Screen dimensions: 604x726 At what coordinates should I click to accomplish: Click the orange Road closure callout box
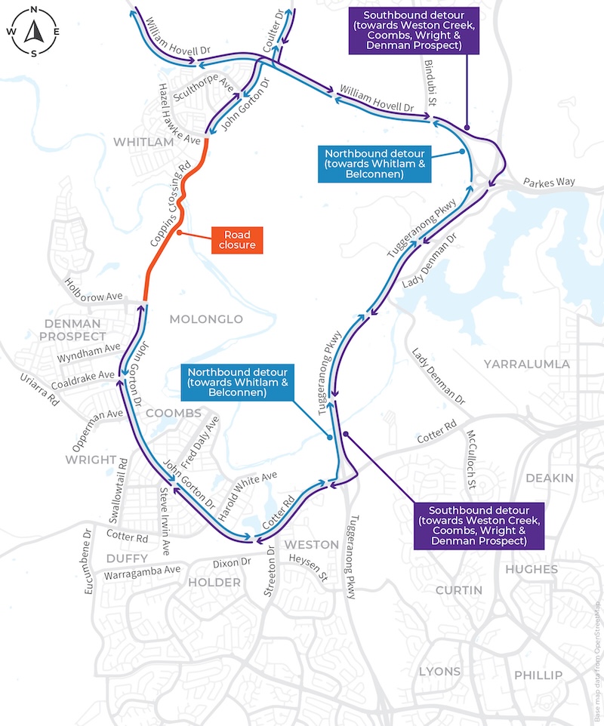point(237,240)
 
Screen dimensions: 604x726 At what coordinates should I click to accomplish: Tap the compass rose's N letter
point(34,9)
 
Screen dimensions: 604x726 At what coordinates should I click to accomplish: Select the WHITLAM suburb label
point(143,142)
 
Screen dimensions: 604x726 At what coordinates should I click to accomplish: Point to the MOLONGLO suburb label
point(206,319)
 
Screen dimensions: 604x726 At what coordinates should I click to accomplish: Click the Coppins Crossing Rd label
point(171,204)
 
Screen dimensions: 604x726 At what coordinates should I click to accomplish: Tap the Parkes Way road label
point(549,182)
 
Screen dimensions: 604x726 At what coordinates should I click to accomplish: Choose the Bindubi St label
point(430,83)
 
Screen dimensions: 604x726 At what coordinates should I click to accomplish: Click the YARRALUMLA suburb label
point(527,364)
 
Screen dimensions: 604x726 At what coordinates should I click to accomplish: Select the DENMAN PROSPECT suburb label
point(72,330)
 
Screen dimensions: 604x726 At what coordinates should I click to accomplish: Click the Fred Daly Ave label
point(199,442)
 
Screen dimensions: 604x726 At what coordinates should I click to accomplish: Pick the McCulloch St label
point(470,460)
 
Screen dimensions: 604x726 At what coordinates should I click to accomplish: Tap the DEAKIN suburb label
point(550,478)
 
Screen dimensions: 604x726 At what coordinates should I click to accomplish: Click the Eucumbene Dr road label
point(88,561)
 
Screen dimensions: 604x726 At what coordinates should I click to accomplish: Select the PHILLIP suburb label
point(538,675)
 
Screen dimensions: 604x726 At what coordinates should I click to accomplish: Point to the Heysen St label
point(309,568)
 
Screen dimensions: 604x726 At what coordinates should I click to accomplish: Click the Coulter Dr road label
point(273,30)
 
